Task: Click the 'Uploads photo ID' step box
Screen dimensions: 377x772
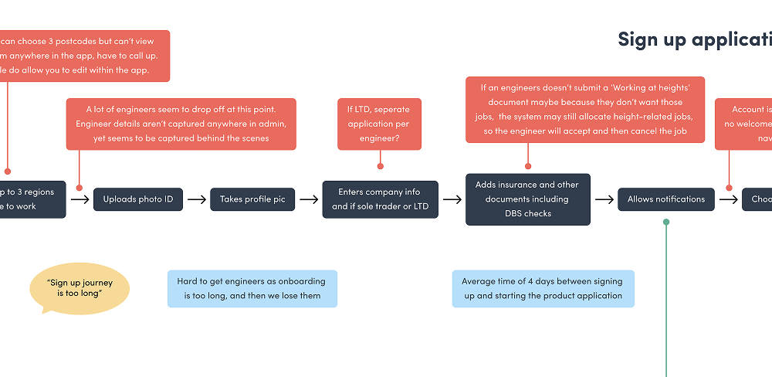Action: point(139,199)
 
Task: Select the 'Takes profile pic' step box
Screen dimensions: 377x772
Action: point(252,199)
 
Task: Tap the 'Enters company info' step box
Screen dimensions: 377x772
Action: point(380,199)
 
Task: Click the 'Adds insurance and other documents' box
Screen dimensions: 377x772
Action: point(528,199)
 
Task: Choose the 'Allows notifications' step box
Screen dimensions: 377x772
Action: point(665,199)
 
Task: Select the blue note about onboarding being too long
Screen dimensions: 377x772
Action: point(252,289)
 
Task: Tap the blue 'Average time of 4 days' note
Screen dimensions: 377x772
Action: point(543,289)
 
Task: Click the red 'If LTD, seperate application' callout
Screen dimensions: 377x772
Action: point(380,124)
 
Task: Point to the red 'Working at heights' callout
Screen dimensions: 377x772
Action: point(584,109)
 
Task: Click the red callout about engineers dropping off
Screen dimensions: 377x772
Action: point(182,124)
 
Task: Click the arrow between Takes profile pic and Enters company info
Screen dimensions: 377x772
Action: point(309,199)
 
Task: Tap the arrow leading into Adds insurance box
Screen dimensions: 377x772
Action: point(452,199)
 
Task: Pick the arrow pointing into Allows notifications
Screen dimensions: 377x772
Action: point(604,199)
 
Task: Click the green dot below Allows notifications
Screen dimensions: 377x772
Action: point(666,222)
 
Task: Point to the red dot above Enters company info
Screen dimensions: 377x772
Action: point(380,165)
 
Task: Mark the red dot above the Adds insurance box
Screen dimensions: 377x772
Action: point(528,165)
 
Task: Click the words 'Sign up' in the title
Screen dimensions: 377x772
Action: point(652,40)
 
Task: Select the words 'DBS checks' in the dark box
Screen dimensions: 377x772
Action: point(528,213)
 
